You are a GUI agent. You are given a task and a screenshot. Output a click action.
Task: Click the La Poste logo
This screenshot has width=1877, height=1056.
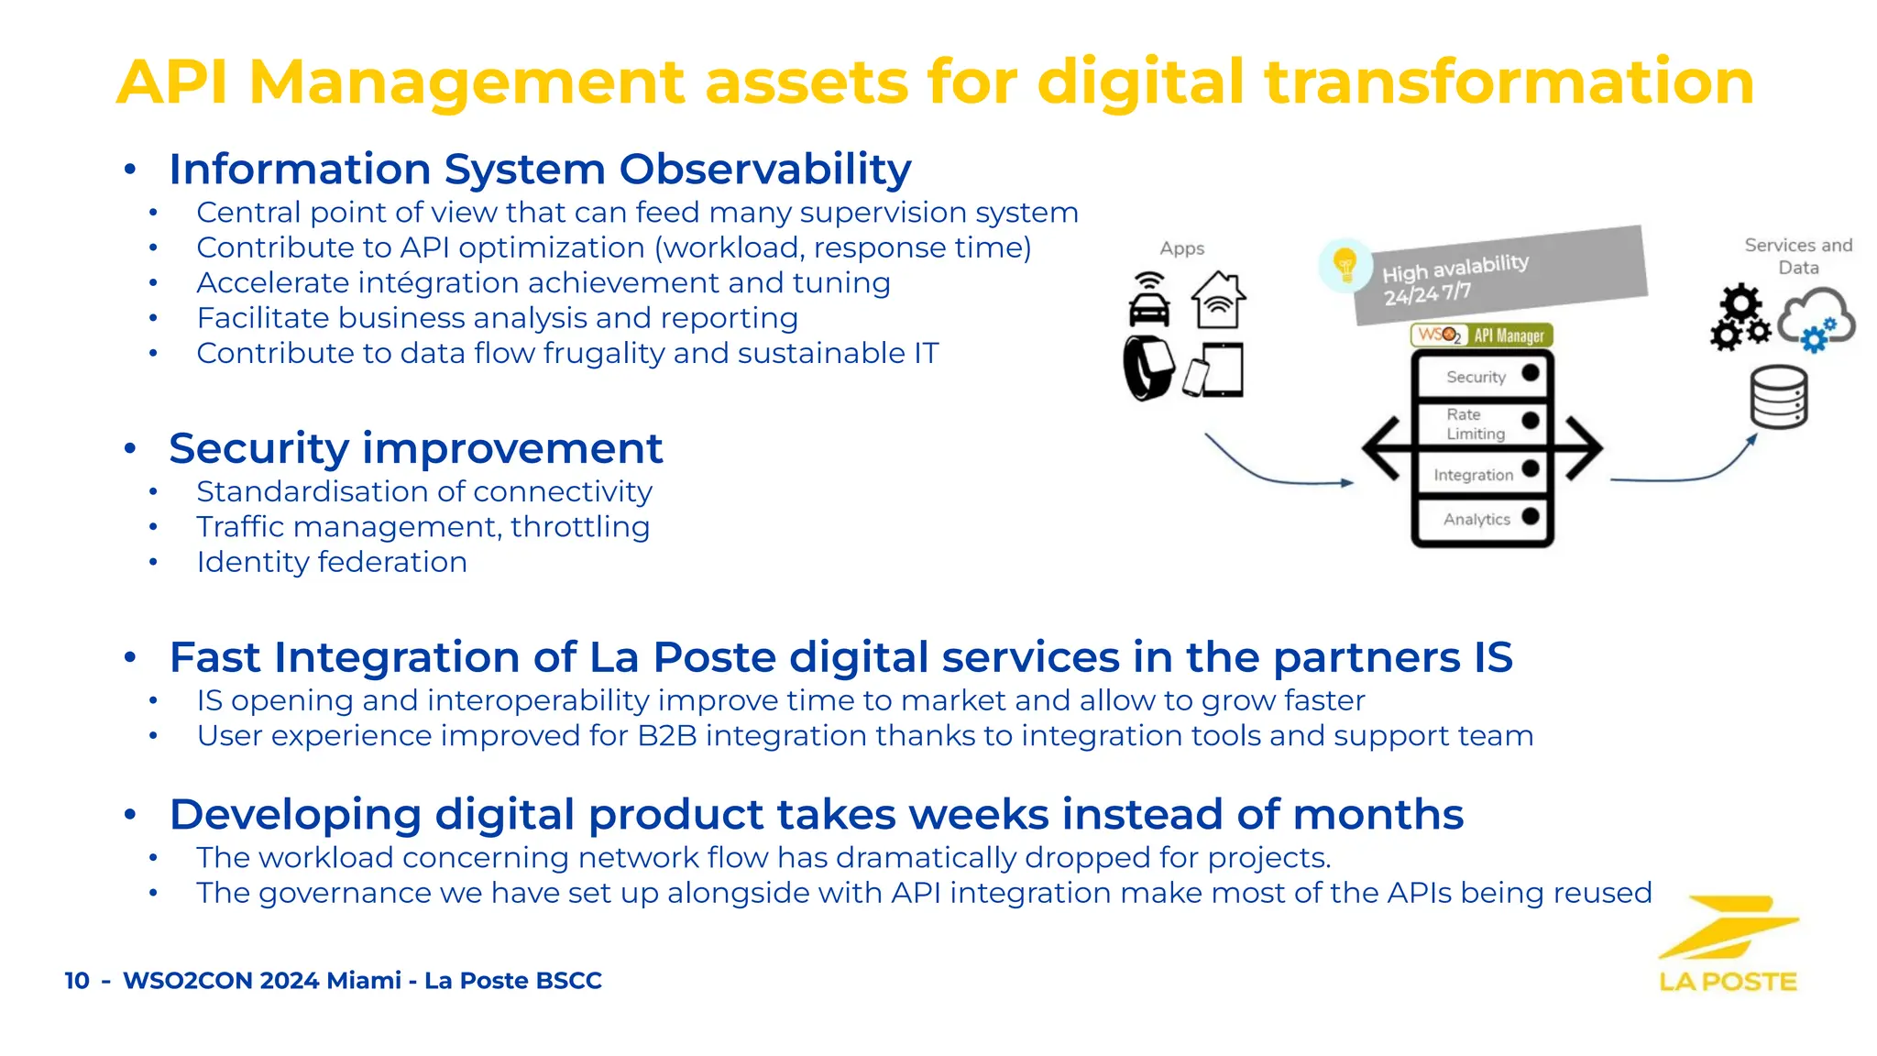tap(1728, 944)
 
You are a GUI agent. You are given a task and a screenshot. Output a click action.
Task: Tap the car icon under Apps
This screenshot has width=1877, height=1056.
tap(1149, 300)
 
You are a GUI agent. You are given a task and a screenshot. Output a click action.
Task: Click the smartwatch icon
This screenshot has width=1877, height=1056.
tap(1149, 368)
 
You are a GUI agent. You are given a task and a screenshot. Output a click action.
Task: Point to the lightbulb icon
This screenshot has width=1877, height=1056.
tap(1345, 265)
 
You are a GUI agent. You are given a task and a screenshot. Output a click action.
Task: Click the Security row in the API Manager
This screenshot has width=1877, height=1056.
tap(1481, 376)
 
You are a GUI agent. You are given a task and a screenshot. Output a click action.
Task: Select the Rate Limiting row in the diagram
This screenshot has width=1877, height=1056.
tap(1481, 423)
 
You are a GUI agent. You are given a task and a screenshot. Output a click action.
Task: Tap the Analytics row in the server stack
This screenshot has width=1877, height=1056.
tap(1481, 519)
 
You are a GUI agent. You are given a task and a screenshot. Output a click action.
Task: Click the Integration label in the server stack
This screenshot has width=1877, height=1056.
tap(1473, 475)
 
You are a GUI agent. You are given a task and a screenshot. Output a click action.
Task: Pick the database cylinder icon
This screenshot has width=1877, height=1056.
tap(1778, 397)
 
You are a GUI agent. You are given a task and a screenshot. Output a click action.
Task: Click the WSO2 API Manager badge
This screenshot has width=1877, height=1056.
tap(1481, 335)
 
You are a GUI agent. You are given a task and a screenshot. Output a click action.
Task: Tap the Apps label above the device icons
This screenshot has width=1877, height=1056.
tap(1181, 248)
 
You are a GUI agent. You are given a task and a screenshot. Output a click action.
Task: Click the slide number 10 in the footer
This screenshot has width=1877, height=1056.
tap(77, 981)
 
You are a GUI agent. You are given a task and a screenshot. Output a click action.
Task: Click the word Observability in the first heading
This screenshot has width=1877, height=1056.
tap(765, 170)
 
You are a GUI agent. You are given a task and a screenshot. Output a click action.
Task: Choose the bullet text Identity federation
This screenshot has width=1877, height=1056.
tap(332, 562)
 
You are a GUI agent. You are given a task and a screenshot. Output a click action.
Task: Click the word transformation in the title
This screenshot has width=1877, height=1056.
tap(1509, 82)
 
